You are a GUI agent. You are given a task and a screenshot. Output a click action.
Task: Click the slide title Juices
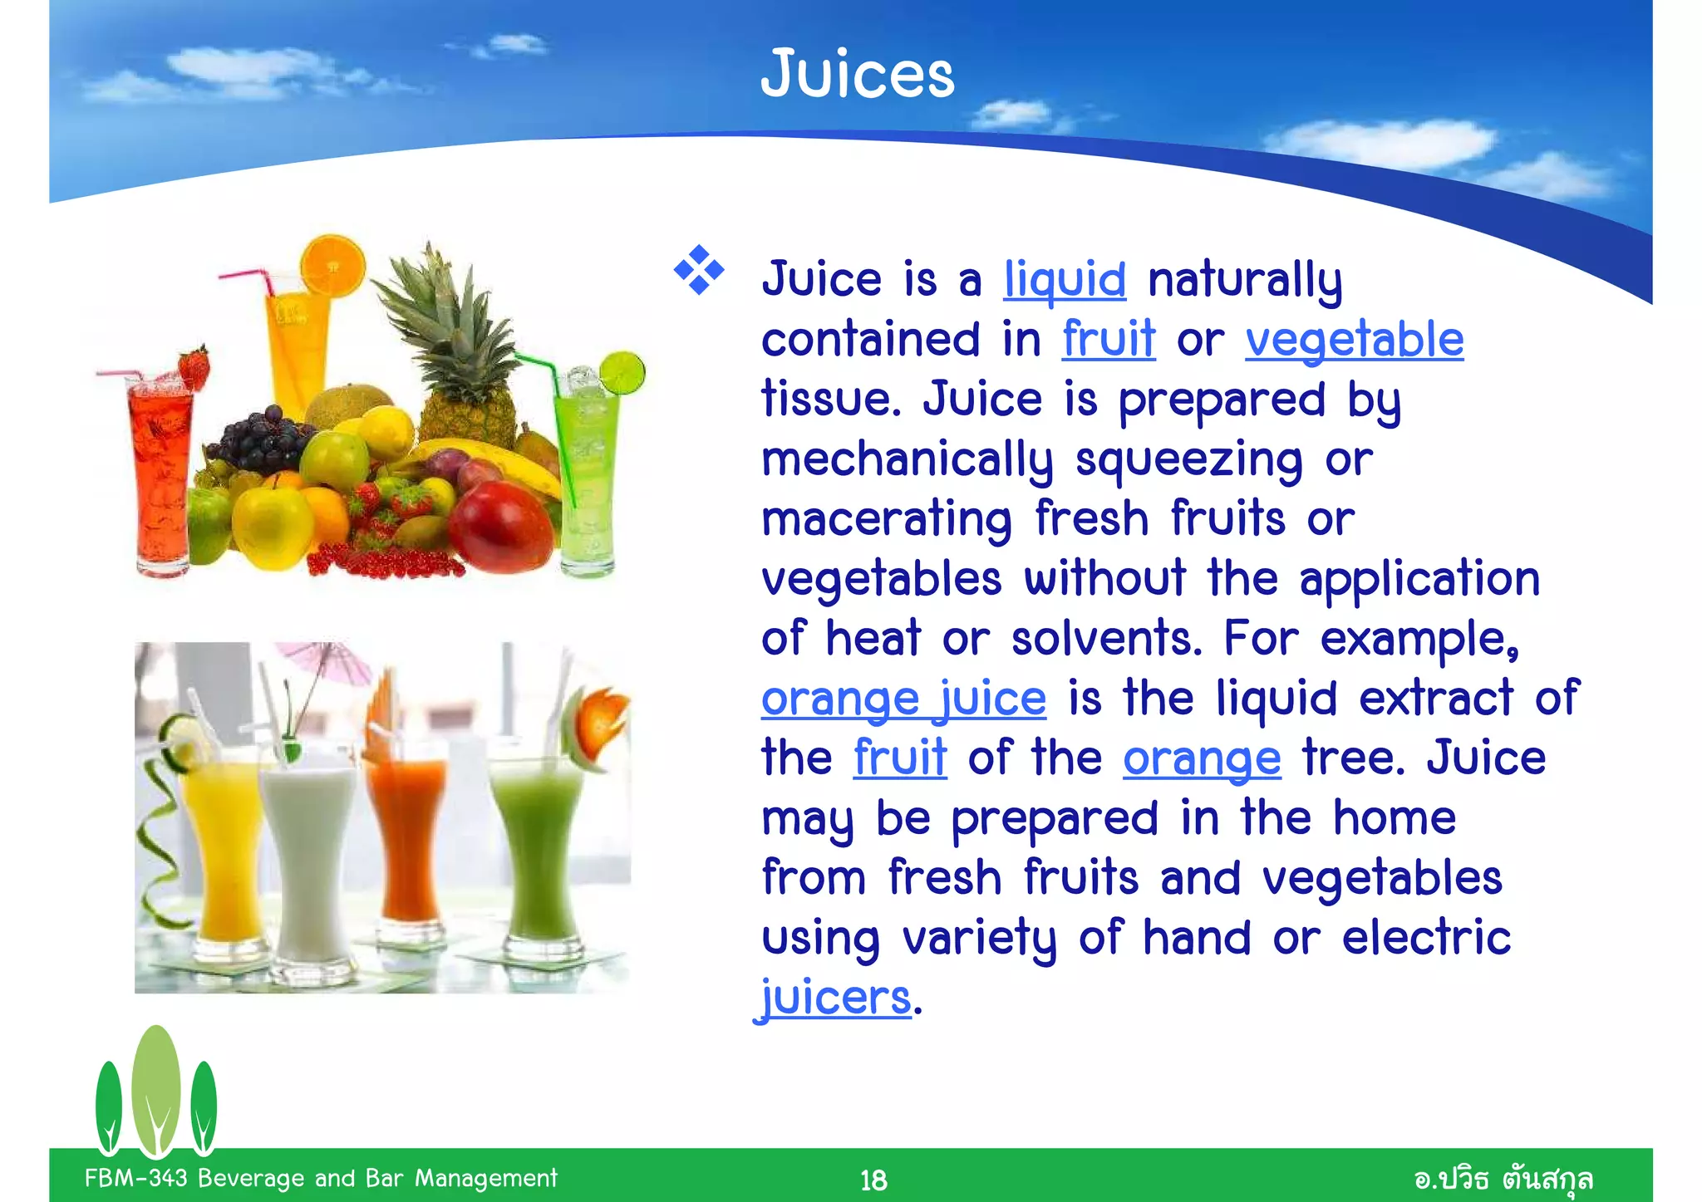[857, 75]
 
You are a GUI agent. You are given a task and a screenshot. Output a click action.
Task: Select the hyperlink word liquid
[1065, 279]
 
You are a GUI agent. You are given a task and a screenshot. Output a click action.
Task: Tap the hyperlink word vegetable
[1354, 340]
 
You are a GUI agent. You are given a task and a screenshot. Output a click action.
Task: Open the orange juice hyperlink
[903, 699]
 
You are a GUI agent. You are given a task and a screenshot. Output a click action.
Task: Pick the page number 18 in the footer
[873, 1180]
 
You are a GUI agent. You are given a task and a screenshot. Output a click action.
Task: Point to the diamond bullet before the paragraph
[698, 270]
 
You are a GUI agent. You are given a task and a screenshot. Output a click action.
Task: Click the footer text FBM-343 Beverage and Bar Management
[321, 1178]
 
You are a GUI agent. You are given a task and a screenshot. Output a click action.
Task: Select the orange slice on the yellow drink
[332, 266]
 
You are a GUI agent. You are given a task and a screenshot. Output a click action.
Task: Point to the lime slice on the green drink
[622, 373]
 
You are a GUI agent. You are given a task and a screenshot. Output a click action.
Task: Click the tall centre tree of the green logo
[156, 1088]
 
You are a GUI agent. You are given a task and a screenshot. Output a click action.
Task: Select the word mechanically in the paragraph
[907, 460]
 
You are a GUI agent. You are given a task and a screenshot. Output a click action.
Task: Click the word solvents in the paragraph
[1106, 639]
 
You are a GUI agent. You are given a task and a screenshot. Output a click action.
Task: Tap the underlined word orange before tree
[1202, 758]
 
